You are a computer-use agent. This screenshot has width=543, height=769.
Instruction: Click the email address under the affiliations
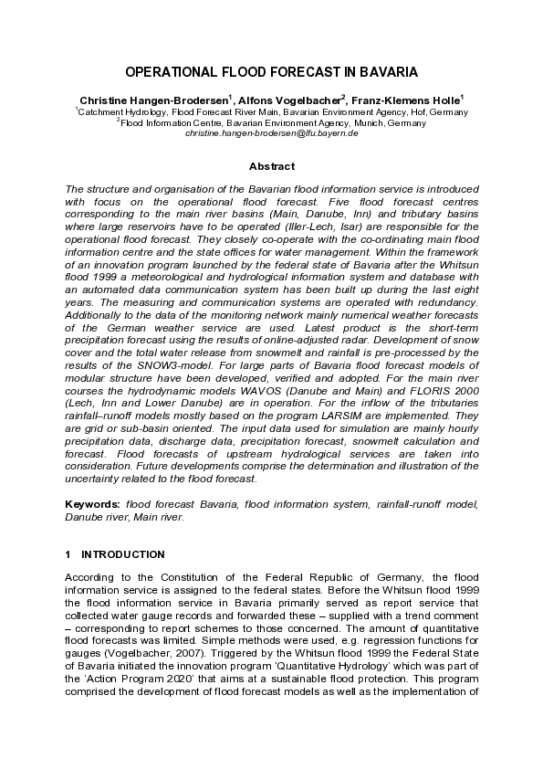[x=271, y=133]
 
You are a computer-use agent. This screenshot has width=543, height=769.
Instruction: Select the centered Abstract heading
[x=271, y=166]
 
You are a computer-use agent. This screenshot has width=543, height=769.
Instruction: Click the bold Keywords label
[x=93, y=503]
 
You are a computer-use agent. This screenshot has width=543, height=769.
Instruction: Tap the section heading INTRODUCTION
[x=122, y=554]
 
